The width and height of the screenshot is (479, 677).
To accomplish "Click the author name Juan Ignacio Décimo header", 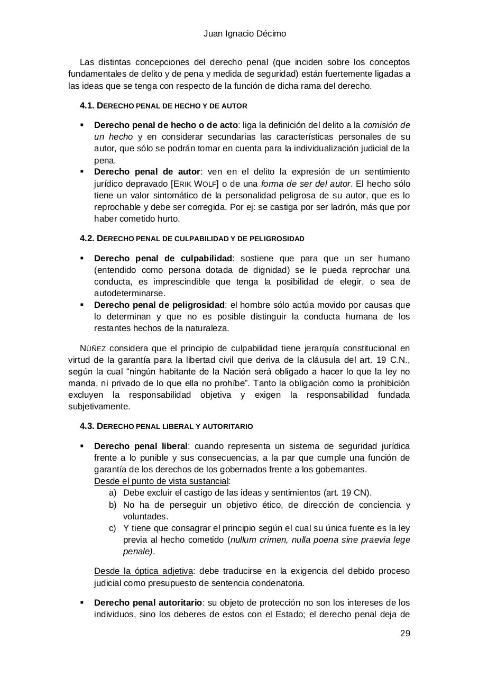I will [x=245, y=34].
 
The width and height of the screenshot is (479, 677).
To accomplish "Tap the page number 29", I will [x=405, y=634].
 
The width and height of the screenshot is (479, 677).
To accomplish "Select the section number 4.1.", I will [x=87, y=106].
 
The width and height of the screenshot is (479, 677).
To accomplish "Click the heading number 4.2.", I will [x=87, y=239].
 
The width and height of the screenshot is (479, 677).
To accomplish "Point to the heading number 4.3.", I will [x=87, y=426].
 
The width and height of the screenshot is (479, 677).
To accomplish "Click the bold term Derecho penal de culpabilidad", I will [x=163, y=258].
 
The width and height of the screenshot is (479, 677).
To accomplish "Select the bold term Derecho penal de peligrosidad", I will [x=159, y=305].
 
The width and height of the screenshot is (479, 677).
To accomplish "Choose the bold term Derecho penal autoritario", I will [x=148, y=602].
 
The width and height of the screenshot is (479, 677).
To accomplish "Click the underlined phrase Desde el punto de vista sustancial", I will [x=161, y=481].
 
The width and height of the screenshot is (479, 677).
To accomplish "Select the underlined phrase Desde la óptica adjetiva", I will [x=143, y=572].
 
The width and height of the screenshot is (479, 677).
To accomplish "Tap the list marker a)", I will [x=113, y=493].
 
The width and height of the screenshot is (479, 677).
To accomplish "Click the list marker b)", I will [x=113, y=505].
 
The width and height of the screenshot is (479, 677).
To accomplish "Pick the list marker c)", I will [x=113, y=528].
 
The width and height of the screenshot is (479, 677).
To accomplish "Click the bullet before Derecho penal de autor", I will [x=82, y=171].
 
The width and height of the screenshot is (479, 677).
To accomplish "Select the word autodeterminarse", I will [x=130, y=293].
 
